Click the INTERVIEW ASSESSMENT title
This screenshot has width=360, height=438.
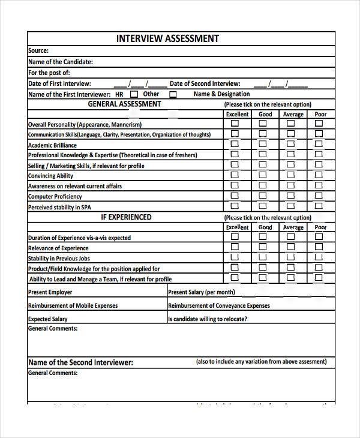(167, 39)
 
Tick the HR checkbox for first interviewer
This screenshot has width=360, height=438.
(134, 94)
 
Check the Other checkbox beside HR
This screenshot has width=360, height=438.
(173, 94)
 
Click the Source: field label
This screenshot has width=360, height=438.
(38, 51)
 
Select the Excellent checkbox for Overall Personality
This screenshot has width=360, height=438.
(235, 124)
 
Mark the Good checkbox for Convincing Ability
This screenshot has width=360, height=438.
(263, 175)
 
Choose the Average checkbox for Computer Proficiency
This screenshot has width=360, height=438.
(291, 196)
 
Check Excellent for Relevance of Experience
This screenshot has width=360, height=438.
(235, 247)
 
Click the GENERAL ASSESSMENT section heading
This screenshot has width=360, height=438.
(124, 104)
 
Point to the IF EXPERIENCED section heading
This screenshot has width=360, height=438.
(126, 217)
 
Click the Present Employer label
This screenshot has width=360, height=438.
(50, 292)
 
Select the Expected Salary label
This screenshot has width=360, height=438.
(48, 319)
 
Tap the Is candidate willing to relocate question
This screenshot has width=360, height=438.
(208, 319)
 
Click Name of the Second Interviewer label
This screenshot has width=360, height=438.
(80, 362)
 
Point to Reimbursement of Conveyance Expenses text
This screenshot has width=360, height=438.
(219, 305)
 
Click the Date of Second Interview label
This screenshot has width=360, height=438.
(205, 84)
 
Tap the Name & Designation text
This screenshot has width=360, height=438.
(221, 94)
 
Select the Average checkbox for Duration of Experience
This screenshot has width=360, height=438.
(291, 237)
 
